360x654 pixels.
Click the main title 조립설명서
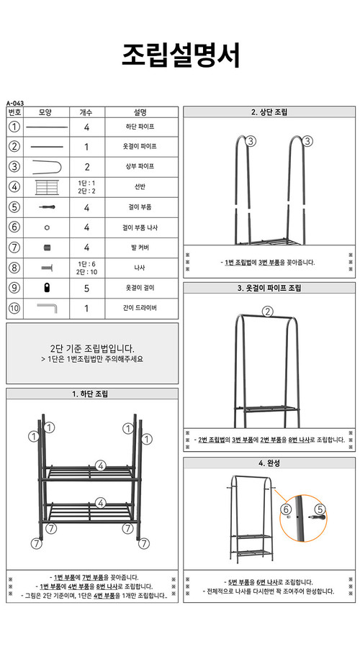(x=180, y=55)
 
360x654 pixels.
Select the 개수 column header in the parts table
(x=86, y=112)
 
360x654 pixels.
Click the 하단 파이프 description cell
(x=140, y=127)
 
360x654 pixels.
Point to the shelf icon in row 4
(x=46, y=187)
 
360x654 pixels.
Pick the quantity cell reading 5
(x=86, y=288)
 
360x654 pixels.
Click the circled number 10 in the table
(x=14, y=308)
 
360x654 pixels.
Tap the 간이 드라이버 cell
(x=140, y=308)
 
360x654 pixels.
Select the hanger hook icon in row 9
(x=46, y=288)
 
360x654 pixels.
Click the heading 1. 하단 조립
(x=91, y=394)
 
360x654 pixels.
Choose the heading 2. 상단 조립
(x=269, y=112)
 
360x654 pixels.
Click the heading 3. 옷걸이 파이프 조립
(x=269, y=288)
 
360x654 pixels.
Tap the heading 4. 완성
(x=269, y=463)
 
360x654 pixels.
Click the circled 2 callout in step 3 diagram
(x=268, y=312)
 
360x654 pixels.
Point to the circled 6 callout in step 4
(x=286, y=509)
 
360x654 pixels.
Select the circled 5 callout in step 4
(x=320, y=509)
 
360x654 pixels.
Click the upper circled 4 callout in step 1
(x=101, y=465)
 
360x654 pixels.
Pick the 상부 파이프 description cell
(x=140, y=166)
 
